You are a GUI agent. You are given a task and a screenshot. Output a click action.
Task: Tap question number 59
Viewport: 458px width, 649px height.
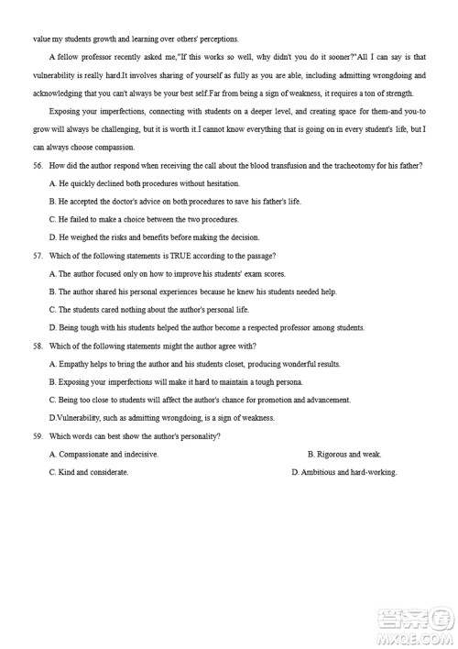tap(38, 435)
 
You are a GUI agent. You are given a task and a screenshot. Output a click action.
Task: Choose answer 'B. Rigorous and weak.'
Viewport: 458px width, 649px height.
tap(344, 454)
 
